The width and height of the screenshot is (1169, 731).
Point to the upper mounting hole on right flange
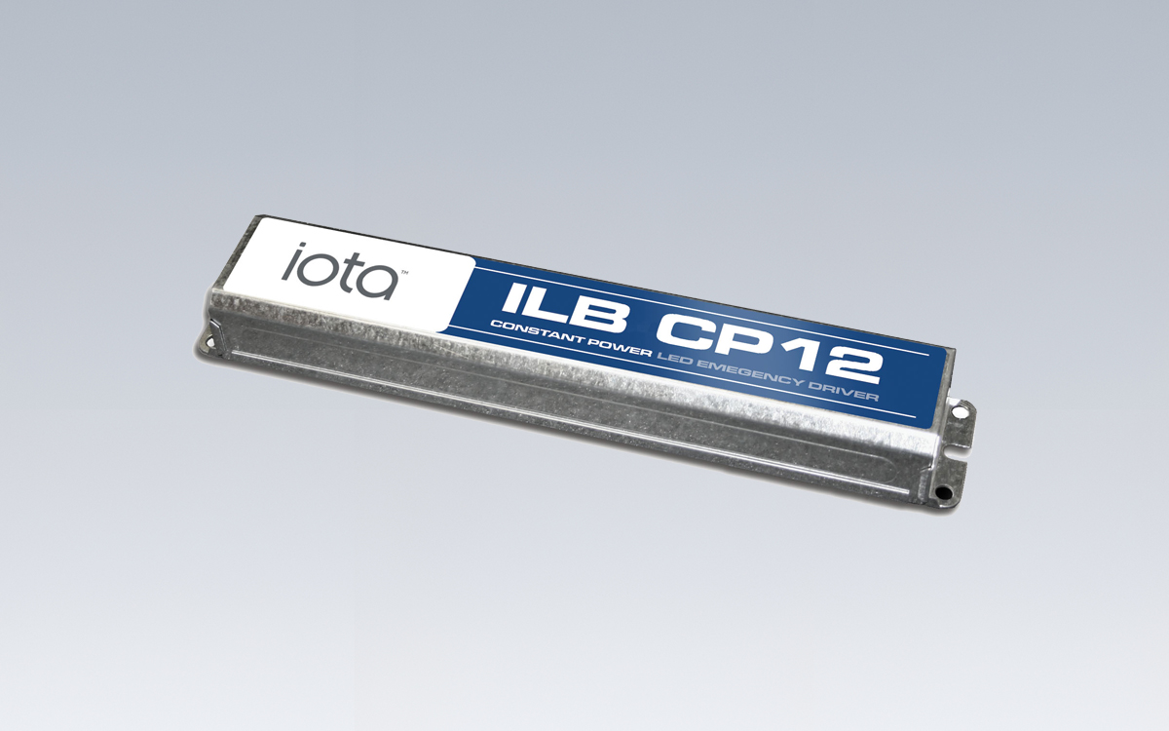(961, 413)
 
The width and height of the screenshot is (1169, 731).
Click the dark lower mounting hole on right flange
(943, 494)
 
